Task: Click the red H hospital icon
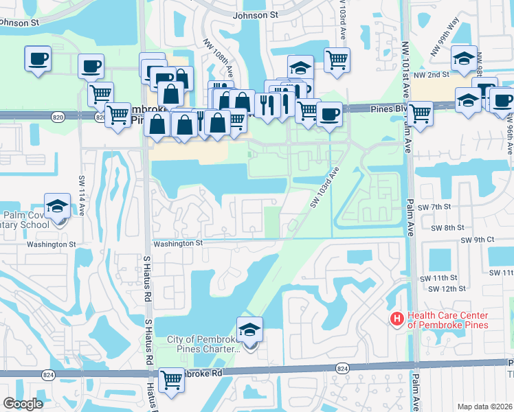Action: pos(396,319)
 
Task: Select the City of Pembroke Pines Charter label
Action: pos(203,344)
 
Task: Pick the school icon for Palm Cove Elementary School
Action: pos(58,205)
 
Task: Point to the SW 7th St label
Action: pos(437,207)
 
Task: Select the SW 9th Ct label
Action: pos(478,240)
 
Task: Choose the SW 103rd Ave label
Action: pos(324,186)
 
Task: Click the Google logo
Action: pos(23,404)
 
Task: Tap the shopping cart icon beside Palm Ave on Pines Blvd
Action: pos(419,113)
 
